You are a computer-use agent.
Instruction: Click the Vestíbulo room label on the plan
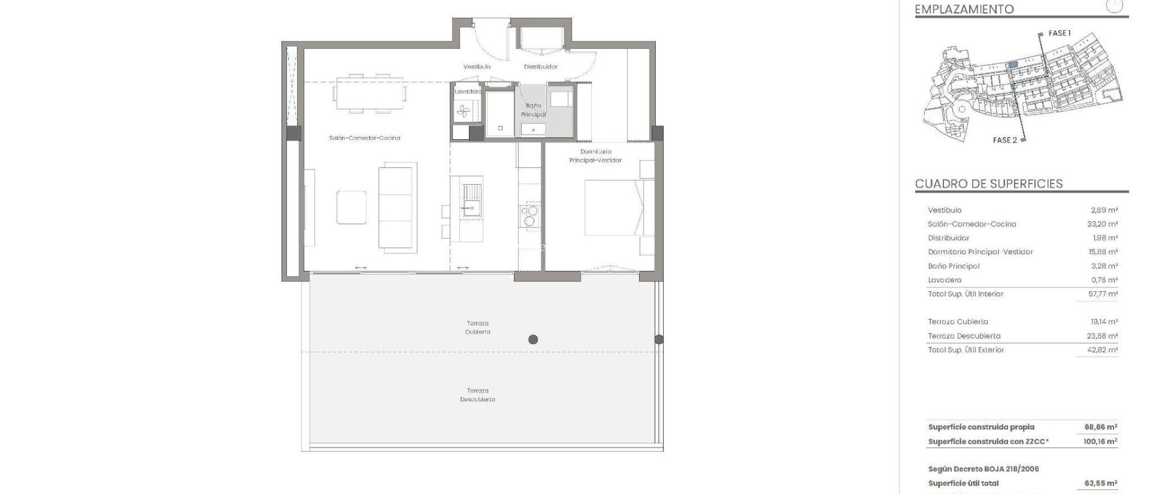(x=477, y=67)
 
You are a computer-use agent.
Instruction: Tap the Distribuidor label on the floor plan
(x=541, y=67)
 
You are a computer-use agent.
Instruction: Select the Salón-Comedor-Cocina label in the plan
(x=364, y=138)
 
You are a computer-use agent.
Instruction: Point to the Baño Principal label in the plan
(x=533, y=110)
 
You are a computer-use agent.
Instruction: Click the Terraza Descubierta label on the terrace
(x=477, y=395)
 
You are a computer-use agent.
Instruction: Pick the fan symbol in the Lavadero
(x=463, y=112)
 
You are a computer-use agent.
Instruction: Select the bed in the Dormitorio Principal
(x=618, y=207)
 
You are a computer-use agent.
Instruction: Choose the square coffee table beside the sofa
(x=352, y=207)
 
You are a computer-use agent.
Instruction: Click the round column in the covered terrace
(x=533, y=340)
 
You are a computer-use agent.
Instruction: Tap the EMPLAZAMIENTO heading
(x=964, y=9)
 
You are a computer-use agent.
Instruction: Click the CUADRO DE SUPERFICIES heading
(x=988, y=184)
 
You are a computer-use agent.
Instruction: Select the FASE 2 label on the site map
(x=1005, y=140)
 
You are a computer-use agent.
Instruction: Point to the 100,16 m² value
(x=1100, y=442)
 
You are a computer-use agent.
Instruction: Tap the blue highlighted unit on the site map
(x=1013, y=65)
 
